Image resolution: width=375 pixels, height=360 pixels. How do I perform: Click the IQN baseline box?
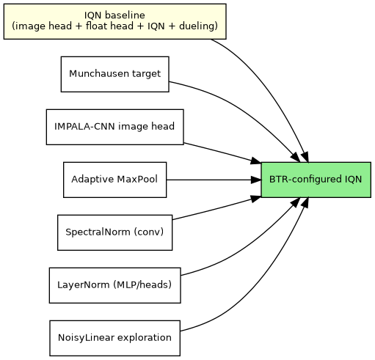[x=114, y=21]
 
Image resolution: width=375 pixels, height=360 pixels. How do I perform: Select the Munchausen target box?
[x=114, y=74]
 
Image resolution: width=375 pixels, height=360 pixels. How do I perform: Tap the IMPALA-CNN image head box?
[x=114, y=127]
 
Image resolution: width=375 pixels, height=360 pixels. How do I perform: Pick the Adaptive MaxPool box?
[x=114, y=180]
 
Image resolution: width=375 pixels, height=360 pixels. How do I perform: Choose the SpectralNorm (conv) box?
[x=114, y=232]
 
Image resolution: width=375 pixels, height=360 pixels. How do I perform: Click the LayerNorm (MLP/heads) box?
[x=114, y=285]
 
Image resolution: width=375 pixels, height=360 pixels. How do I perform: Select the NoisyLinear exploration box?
[x=114, y=338]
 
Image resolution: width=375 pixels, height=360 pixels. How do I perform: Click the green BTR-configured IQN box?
[x=315, y=180]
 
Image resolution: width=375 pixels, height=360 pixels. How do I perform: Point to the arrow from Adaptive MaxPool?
[x=213, y=180]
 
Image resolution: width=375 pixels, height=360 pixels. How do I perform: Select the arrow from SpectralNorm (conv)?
[x=216, y=208]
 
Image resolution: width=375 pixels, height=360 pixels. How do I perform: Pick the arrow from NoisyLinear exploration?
[x=250, y=301]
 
